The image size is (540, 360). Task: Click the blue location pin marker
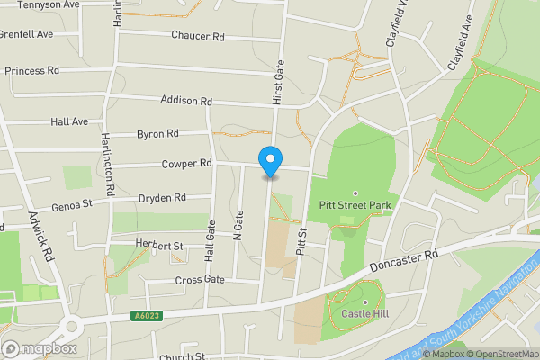(269, 160)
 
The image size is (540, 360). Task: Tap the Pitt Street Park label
(355, 205)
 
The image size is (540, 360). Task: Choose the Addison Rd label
(185, 101)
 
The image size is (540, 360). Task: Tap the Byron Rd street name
(157, 133)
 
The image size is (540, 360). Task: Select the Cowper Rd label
(186, 163)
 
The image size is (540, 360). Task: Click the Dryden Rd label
(162, 197)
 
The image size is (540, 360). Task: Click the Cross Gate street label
(199, 280)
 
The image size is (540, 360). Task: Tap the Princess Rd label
(31, 69)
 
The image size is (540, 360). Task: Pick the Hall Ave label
(69, 121)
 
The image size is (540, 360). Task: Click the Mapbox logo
(39, 348)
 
